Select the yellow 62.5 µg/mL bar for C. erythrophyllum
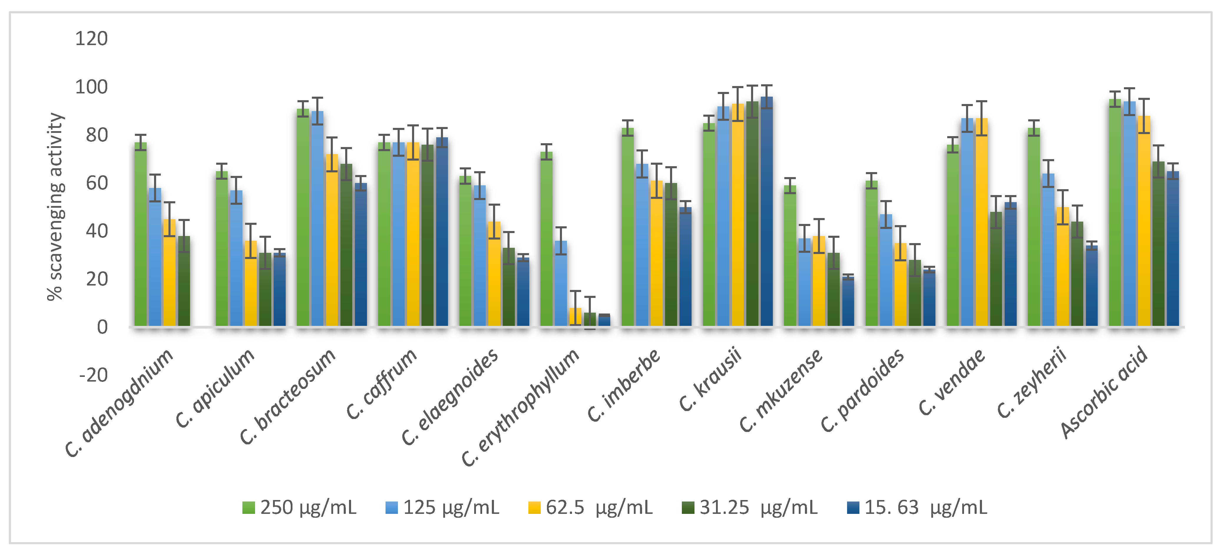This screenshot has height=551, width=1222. [x=576, y=317]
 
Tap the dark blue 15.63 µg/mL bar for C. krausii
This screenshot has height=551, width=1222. [x=767, y=212]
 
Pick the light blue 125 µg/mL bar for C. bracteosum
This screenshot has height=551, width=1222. [x=318, y=219]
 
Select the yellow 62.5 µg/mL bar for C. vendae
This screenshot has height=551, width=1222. [x=981, y=222]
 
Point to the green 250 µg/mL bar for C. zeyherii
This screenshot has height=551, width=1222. [x=1034, y=227]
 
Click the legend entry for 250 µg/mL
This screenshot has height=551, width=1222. [x=299, y=508]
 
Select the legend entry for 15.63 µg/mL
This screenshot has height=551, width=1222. [x=917, y=508]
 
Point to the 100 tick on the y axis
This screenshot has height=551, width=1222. [x=92, y=87]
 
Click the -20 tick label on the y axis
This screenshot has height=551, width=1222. [x=93, y=375]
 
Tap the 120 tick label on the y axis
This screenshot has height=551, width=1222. [x=92, y=38]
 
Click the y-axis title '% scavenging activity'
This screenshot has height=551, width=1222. [x=55, y=207]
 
